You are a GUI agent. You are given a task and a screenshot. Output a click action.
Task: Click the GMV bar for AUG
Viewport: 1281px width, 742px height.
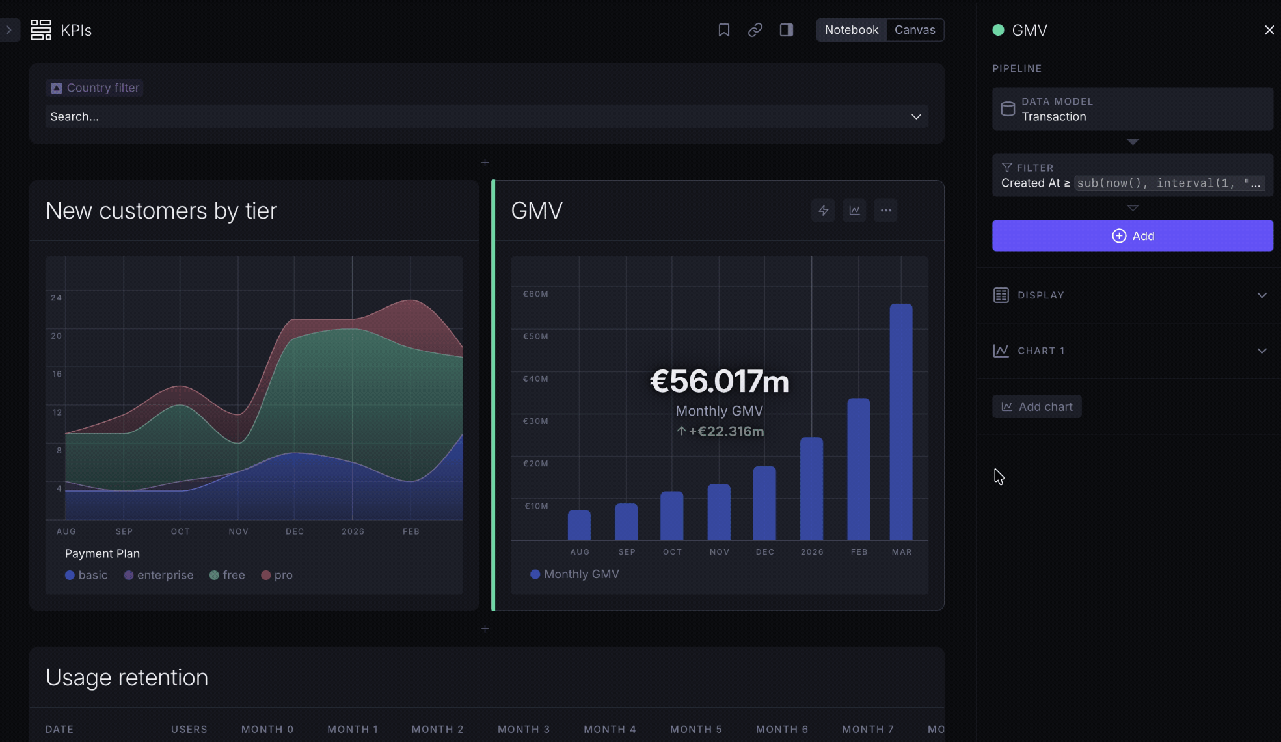pos(579,525)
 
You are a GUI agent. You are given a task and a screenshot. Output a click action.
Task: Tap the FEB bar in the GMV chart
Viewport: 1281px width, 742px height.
pos(859,469)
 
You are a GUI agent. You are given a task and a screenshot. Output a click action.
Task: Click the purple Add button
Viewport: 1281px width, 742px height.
pos(1132,235)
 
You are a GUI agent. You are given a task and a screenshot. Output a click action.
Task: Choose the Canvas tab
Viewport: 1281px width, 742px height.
pos(915,30)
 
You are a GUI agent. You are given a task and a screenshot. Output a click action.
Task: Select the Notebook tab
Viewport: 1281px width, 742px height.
pos(851,30)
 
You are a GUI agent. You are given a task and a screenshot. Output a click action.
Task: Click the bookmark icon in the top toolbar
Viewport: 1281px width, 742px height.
pos(723,30)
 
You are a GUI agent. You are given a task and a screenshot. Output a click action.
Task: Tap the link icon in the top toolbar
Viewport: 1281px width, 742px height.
pos(755,30)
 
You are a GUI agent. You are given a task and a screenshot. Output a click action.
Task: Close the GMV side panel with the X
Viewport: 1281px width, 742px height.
pos(1269,30)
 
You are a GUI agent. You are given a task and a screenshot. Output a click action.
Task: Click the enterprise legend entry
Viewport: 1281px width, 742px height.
pos(159,575)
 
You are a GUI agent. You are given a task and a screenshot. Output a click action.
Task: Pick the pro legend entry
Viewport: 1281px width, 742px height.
pos(276,575)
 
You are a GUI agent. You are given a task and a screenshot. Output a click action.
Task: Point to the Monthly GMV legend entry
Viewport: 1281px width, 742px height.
pos(574,574)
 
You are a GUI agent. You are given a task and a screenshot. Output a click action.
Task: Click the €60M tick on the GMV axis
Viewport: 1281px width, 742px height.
pos(535,294)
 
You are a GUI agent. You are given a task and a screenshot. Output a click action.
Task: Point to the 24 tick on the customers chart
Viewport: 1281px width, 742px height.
pos(57,298)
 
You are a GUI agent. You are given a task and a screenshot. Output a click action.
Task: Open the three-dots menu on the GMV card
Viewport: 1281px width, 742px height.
pos(885,210)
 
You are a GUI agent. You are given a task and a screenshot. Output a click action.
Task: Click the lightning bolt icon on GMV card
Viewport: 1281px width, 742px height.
pos(823,210)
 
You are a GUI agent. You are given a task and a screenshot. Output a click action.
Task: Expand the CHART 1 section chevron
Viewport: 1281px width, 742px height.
pos(1261,351)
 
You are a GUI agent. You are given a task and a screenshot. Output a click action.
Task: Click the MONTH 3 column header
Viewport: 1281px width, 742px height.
pos(524,729)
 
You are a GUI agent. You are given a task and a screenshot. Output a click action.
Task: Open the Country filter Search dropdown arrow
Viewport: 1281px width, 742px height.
pos(916,116)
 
